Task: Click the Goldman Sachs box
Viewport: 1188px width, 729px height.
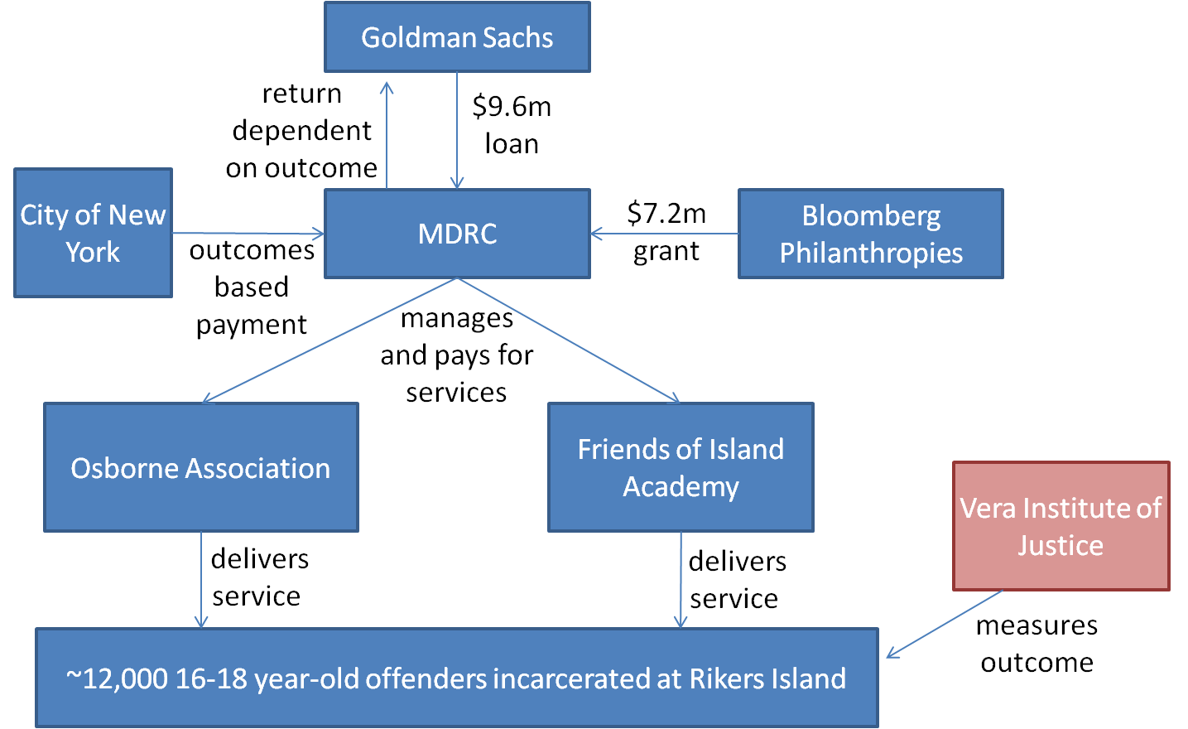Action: click(x=457, y=37)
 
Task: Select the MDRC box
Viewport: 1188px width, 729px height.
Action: click(x=457, y=234)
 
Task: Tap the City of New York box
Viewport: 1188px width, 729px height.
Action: click(x=93, y=233)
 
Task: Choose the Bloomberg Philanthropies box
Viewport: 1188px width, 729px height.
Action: click(x=870, y=234)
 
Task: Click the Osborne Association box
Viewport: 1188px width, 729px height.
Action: click(x=200, y=468)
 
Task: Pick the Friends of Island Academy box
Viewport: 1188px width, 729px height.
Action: click(x=681, y=467)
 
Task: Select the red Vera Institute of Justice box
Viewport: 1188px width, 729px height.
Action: click(x=1061, y=526)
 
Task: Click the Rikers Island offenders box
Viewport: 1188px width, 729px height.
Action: click(x=456, y=678)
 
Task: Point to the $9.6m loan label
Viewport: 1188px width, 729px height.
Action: click(x=512, y=125)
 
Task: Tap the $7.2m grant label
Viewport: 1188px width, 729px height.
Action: click(x=666, y=232)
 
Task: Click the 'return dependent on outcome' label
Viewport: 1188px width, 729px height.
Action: click(x=301, y=131)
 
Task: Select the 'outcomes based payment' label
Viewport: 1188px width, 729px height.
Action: click(x=252, y=287)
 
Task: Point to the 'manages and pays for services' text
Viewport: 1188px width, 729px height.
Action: click(x=457, y=355)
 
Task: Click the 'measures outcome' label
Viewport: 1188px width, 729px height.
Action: click(x=1036, y=644)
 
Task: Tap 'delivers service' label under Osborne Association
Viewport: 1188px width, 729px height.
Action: click(x=259, y=577)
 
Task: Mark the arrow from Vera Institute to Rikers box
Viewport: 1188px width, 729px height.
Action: click(x=944, y=625)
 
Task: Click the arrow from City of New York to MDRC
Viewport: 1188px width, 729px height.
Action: click(x=248, y=234)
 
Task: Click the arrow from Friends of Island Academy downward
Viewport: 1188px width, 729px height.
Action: click(x=681, y=580)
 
